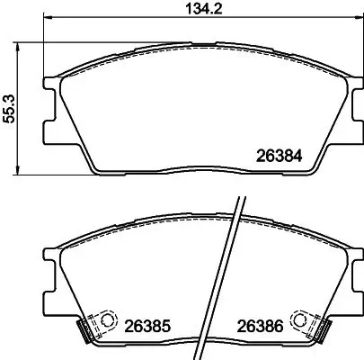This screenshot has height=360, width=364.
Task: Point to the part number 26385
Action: (146, 325)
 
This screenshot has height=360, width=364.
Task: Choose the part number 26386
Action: (262, 325)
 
